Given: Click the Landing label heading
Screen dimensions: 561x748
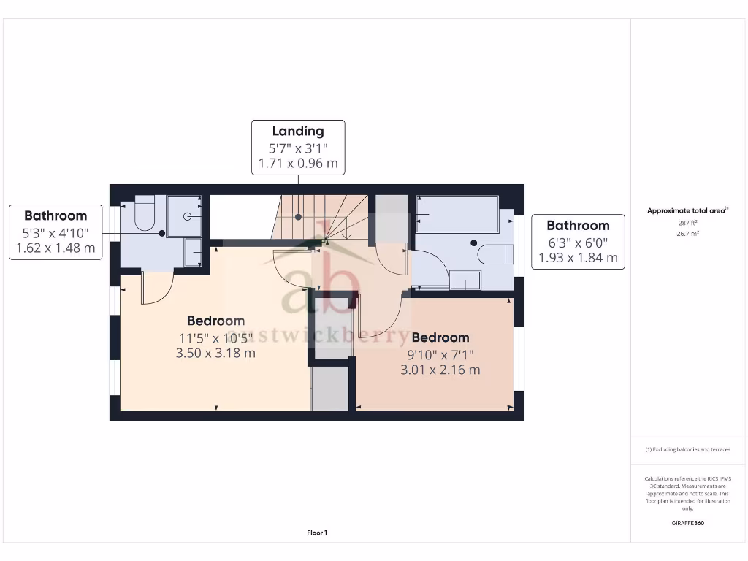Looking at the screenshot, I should (x=298, y=131).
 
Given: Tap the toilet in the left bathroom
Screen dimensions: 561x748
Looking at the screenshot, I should (x=145, y=213).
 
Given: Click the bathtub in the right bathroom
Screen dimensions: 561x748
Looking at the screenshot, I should (x=457, y=214).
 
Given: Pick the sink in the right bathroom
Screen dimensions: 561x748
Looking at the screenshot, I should (x=465, y=280).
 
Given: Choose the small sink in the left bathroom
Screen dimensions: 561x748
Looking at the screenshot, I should (x=194, y=253).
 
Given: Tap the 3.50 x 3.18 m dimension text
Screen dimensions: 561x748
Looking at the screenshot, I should (x=215, y=353).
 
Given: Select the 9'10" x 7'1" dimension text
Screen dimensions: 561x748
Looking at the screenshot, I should (x=440, y=355).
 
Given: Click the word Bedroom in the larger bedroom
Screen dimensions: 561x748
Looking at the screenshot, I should (x=215, y=321).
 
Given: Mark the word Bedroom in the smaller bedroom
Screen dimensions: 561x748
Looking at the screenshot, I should (x=440, y=337).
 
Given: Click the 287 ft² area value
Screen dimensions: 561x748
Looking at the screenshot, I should (x=687, y=223).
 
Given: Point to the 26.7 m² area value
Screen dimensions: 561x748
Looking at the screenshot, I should (x=687, y=234).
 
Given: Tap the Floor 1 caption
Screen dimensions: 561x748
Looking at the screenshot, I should (x=317, y=533).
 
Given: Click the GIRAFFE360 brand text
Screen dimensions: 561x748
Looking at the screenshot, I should (x=687, y=523).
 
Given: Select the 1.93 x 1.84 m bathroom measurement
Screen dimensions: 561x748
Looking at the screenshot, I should (x=578, y=258).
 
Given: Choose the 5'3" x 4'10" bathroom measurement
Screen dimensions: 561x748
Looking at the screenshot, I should (x=56, y=233).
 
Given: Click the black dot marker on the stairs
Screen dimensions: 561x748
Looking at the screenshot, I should (x=298, y=217).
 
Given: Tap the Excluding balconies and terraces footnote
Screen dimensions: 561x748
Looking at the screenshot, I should (x=687, y=449).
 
